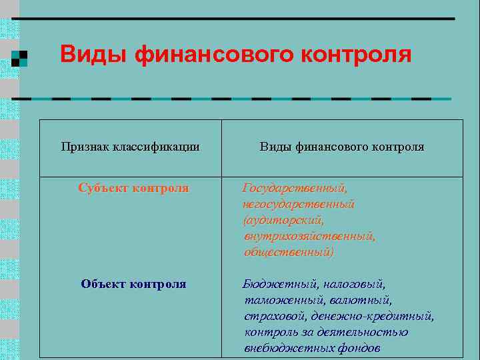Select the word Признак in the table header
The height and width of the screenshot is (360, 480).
click(85, 147)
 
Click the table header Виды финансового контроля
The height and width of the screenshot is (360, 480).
click(342, 147)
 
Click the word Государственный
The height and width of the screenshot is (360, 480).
click(295, 189)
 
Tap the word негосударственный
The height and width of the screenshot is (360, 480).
click(299, 205)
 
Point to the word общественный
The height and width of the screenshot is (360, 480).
click(289, 253)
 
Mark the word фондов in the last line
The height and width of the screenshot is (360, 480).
click(359, 349)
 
